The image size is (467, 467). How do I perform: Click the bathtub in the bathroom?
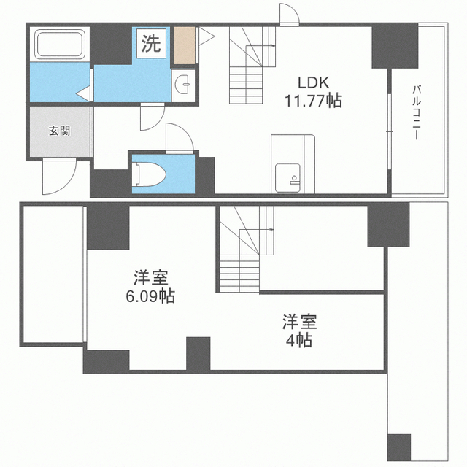coord(60,44)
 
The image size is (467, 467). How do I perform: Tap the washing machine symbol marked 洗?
coord(151,44)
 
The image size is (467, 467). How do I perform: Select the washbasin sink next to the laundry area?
coord(183,85)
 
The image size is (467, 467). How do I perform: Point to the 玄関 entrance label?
coord(60,131)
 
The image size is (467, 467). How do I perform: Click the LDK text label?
coord(314,82)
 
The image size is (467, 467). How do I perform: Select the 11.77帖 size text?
coord(314,101)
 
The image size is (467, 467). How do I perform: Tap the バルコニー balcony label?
coord(417,112)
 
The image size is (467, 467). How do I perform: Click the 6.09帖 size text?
coord(150,296)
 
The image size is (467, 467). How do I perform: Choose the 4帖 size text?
coord(299,340)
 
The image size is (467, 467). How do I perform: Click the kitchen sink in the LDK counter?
coord(287,178)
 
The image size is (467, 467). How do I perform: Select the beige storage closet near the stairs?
coord(185,45)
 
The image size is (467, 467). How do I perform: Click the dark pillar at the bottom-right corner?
coord(399,447)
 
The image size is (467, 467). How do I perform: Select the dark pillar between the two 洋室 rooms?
coord(198,353)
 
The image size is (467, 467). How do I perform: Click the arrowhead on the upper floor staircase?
coord(273,46)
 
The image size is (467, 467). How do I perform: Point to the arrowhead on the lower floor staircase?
coord(271,229)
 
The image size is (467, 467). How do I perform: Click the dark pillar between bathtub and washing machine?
coord(111,45)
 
